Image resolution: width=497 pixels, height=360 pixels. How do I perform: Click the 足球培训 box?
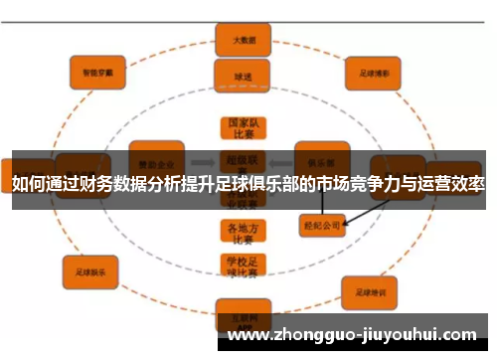coord(369,291)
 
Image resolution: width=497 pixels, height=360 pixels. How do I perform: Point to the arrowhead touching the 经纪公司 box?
coord(344,225)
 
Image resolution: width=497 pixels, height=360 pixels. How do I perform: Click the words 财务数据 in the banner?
coord(110,185)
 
